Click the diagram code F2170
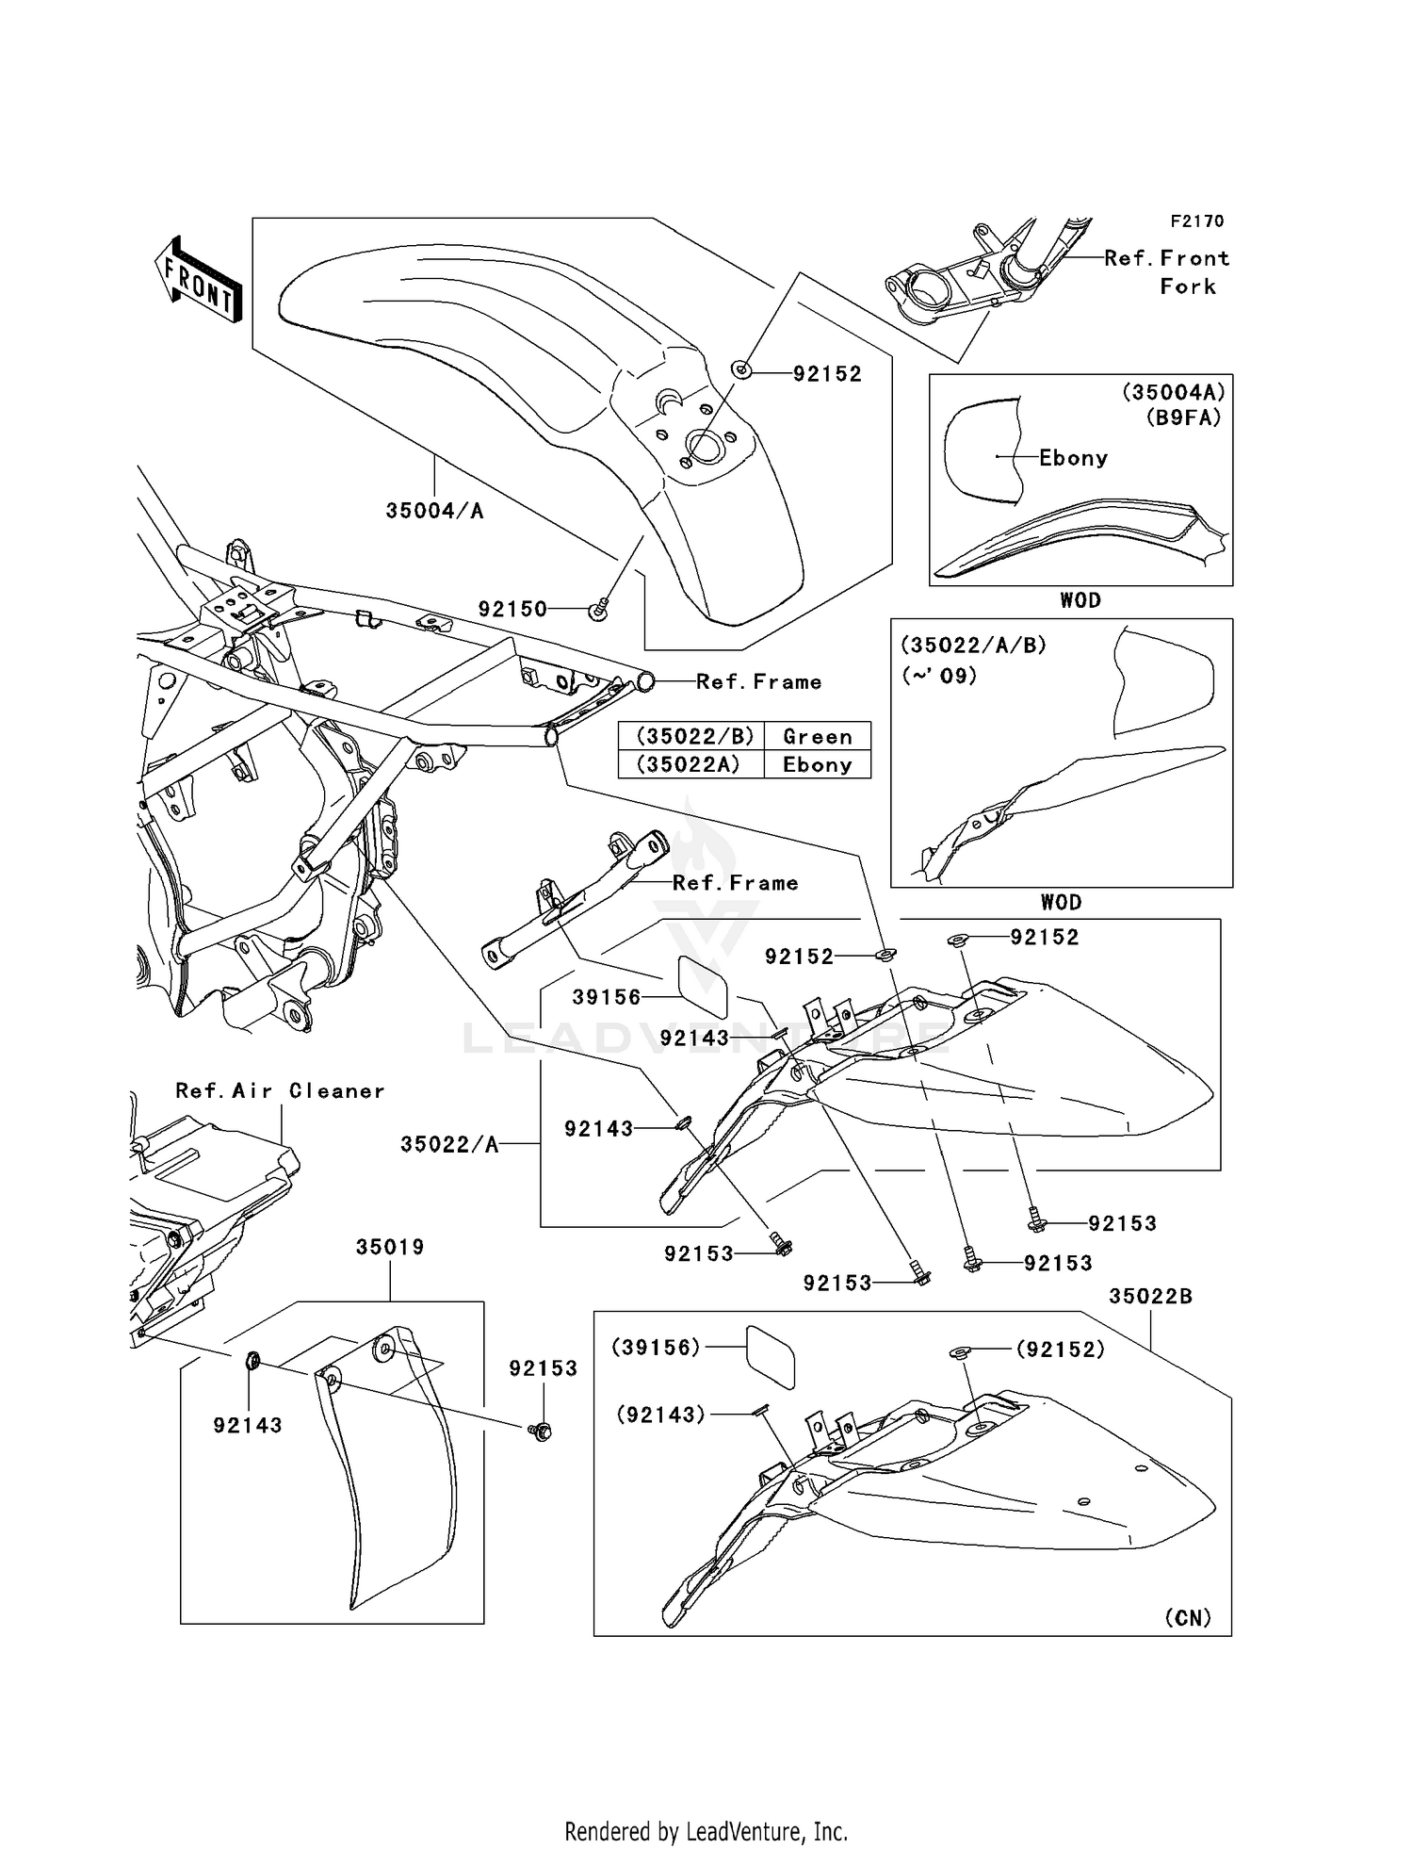(x=1197, y=221)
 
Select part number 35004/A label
(x=434, y=511)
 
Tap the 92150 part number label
(x=512, y=609)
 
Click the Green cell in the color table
(x=817, y=736)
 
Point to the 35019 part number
(x=390, y=1247)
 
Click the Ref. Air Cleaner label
(x=281, y=1090)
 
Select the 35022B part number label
(x=1150, y=1296)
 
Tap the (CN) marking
(x=1188, y=1617)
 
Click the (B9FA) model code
(x=1184, y=417)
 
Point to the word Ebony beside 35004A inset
(x=1073, y=458)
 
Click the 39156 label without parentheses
(x=607, y=997)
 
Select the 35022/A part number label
(x=448, y=1144)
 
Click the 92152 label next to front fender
(x=827, y=374)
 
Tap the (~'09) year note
(x=939, y=676)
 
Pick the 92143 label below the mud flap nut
(x=248, y=1425)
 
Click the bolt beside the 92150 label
(x=598, y=611)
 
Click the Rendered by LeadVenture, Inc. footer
(x=706, y=1831)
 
